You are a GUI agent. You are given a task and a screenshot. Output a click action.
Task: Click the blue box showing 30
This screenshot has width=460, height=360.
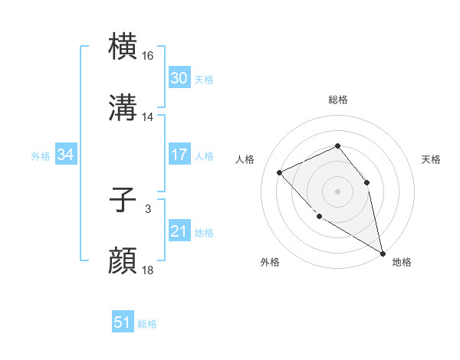179,78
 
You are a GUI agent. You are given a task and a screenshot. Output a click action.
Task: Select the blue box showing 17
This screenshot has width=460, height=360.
179,155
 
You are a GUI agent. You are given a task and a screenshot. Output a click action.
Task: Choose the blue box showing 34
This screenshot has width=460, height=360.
65,155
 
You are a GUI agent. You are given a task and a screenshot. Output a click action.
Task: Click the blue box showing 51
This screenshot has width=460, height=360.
123,322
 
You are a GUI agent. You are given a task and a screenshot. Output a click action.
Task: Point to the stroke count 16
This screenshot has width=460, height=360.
148,56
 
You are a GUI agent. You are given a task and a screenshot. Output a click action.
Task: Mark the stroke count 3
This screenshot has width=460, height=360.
147,209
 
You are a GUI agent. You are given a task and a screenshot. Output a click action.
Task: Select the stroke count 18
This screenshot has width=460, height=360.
148,270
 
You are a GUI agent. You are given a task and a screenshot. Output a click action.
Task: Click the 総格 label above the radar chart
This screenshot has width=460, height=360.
337,100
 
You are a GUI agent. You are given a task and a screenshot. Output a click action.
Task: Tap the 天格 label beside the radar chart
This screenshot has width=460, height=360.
431,159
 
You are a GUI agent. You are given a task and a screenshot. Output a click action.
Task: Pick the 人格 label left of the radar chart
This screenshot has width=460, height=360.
245,159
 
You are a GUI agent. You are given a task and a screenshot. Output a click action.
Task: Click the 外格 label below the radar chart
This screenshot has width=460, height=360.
270,262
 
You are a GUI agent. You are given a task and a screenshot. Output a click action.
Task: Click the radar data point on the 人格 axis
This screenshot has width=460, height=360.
280,172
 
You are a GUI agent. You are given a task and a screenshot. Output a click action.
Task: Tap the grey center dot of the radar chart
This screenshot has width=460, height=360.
337,191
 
